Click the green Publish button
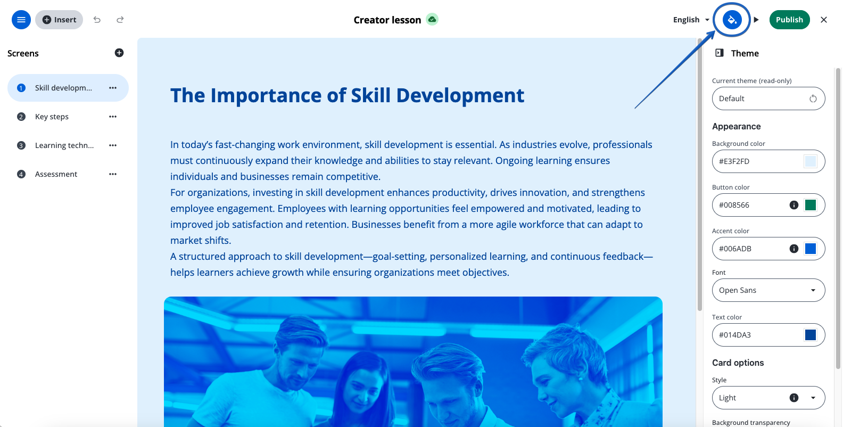coord(789,20)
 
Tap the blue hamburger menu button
coord(21,20)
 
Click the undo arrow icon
coord(97,20)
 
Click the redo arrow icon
coord(120,20)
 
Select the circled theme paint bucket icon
coord(732,20)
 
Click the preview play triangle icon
coord(756,20)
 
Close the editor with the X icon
coord(824,20)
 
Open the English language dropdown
coord(691,20)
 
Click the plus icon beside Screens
coord(119,53)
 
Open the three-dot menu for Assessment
coord(113,174)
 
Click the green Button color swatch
coord(810,205)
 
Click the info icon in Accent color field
coord(794,249)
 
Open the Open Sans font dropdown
coord(768,290)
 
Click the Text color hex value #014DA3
coord(734,335)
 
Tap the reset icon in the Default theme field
coord(813,98)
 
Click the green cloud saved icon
coord(432,19)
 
